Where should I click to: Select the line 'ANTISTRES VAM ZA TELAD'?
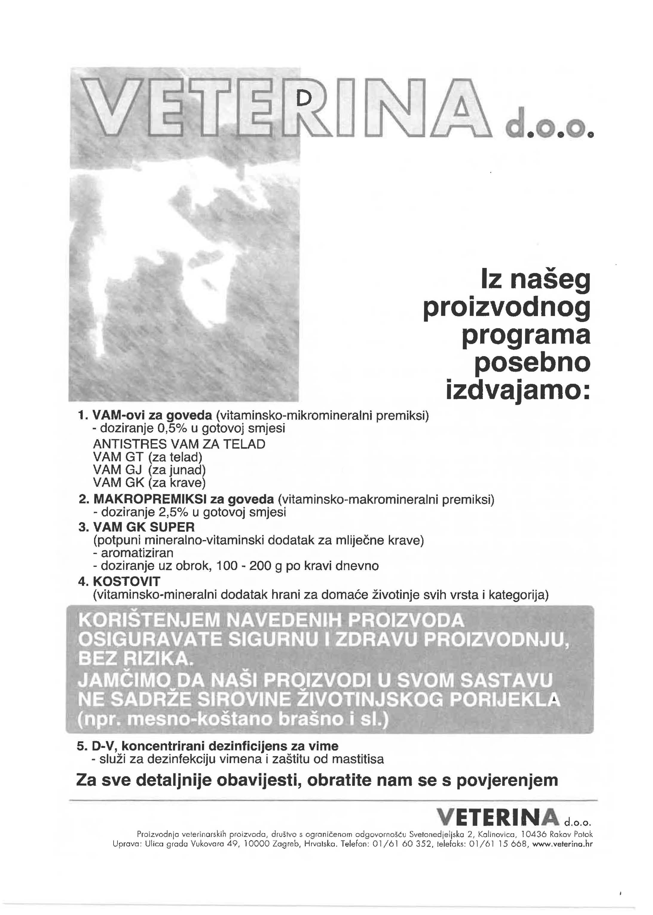click(179, 444)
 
